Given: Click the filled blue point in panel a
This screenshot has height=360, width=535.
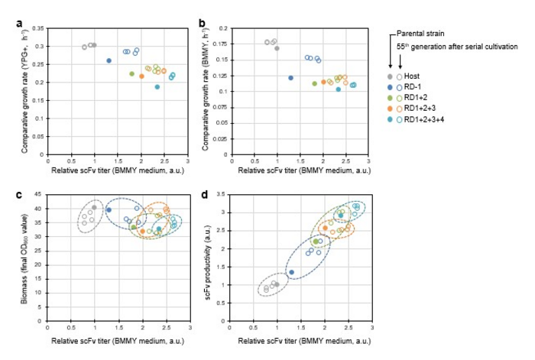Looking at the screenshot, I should pos(109,60).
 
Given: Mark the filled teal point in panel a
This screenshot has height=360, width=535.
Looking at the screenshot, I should pos(157,86).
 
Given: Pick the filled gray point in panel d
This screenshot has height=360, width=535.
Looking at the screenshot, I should pos(277,284).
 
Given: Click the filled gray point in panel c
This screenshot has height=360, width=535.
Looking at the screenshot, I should pos(94,207).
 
